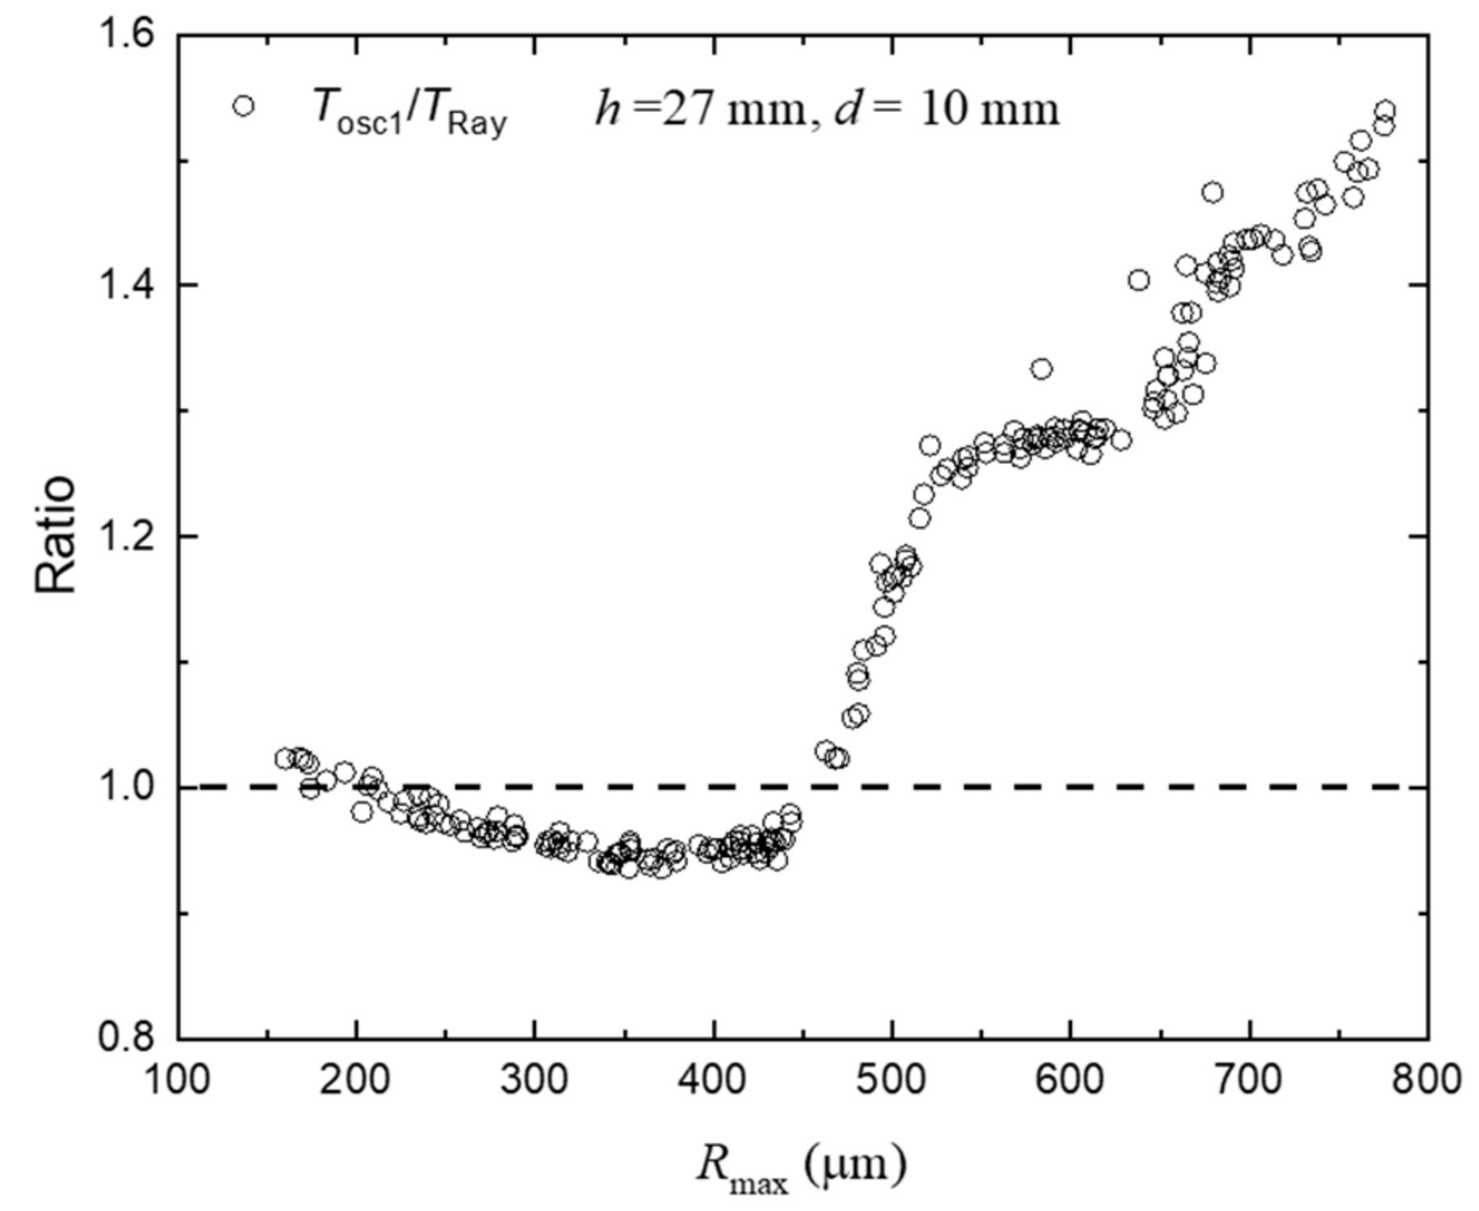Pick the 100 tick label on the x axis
pos(178,1079)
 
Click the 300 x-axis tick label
pos(534,1079)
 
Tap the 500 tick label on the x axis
pos(891,1079)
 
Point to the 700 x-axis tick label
pos(1249,1079)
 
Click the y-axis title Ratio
pos(55,535)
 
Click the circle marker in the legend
pos(243,106)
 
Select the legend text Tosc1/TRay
pos(409,111)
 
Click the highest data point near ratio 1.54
pos(1385,111)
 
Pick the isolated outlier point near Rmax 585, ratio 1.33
pos(1041,369)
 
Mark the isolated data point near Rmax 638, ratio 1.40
pos(1138,280)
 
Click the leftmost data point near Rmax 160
pos(283,758)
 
